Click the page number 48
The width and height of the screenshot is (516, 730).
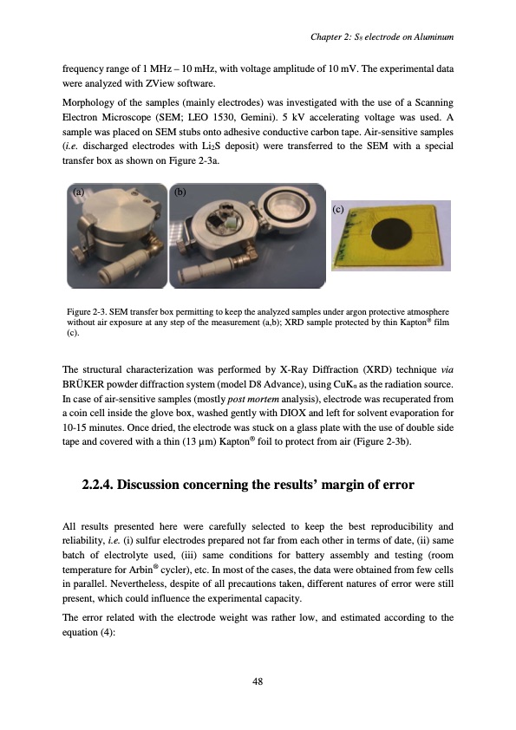258,681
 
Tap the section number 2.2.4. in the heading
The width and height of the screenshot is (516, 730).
97,485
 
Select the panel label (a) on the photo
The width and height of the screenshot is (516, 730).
78,191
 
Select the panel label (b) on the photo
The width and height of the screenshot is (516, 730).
180,192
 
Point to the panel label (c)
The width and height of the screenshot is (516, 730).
338,209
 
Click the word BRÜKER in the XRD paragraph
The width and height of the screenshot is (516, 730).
82,385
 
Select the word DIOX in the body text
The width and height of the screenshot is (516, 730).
291,413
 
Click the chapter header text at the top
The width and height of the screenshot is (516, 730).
382,36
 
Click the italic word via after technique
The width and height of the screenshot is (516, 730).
447,370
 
